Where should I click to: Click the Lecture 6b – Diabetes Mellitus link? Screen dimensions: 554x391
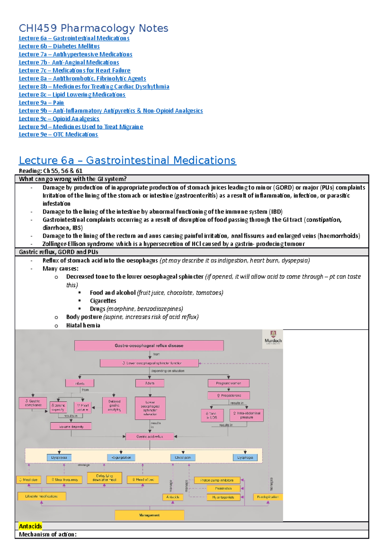tap(59, 46)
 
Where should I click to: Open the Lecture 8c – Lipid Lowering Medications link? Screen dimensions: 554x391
tap(72, 95)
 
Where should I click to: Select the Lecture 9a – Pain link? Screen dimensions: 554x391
tap(41, 103)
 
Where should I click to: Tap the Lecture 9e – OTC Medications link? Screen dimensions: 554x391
tap(58, 134)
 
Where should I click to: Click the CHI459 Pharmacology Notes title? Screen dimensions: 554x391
tap(94, 28)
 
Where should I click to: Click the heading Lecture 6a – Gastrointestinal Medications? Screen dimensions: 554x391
tap(127, 161)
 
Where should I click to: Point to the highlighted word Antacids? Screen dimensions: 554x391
tap(30, 526)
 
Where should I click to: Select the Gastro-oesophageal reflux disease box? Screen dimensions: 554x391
tap(149, 346)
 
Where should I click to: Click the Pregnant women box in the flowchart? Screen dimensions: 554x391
tap(228, 383)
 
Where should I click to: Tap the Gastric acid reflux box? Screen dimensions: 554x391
tap(150, 437)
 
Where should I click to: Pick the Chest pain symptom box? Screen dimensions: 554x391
tap(183, 458)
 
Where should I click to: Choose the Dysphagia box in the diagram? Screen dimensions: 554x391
tap(245, 458)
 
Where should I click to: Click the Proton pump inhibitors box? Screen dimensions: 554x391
tap(217, 480)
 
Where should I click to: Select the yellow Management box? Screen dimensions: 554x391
tap(150, 515)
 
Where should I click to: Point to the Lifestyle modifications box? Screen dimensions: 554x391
tap(41, 496)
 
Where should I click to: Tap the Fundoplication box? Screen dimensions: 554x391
tap(268, 497)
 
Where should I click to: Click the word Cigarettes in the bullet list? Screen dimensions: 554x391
tap(103, 301)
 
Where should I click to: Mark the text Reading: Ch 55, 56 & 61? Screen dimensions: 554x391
tap(51, 171)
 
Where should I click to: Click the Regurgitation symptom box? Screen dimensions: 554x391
tap(121, 458)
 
